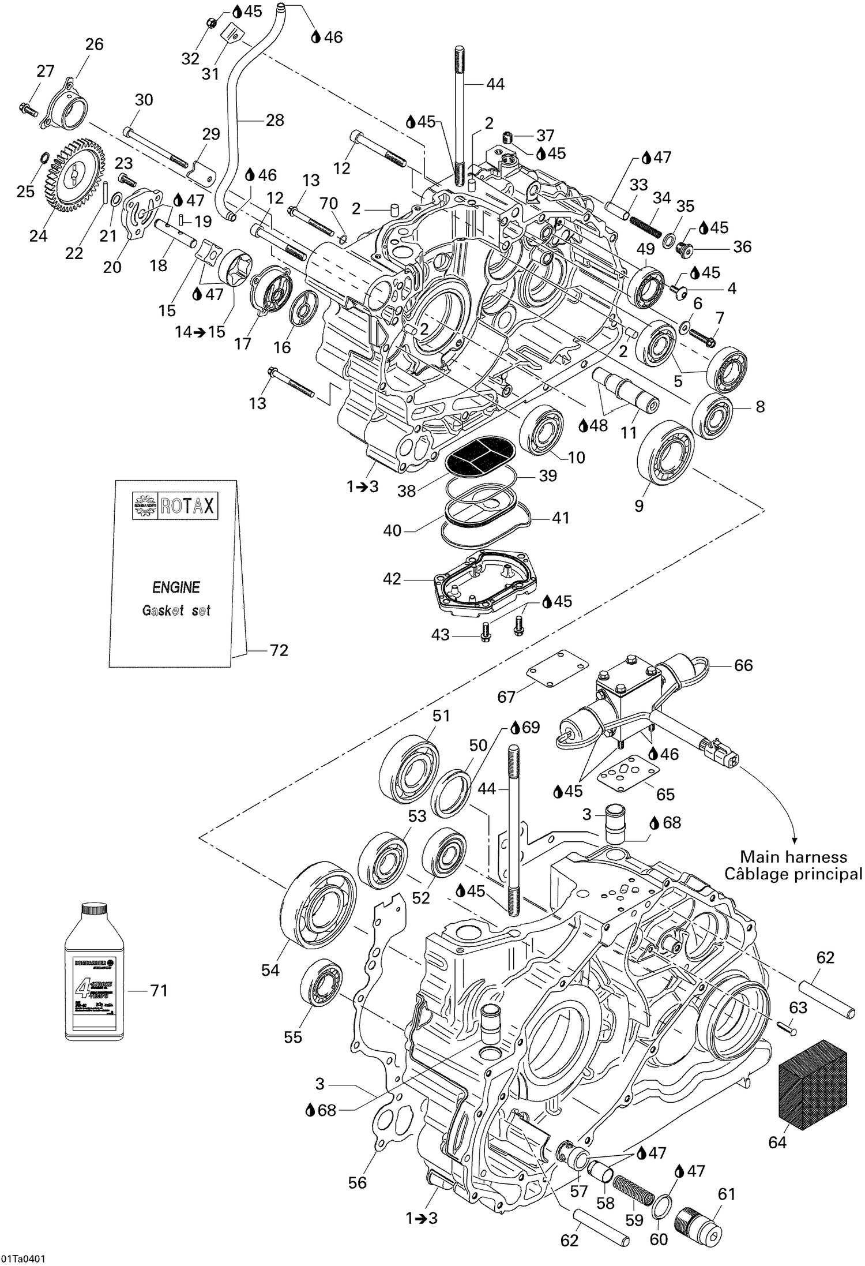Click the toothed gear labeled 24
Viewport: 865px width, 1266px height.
pyautogui.click(x=74, y=175)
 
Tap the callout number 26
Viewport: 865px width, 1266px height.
pyautogui.click(x=94, y=44)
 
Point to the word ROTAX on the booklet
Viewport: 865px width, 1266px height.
pyautogui.click(x=187, y=506)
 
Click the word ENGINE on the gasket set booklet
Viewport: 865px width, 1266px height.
pyautogui.click(x=176, y=587)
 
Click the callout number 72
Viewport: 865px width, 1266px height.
pyautogui.click(x=279, y=650)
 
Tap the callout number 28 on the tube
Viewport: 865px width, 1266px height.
pyautogui.click(x=274, y=120)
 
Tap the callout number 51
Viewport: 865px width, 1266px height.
pyautogui.click(x=441, y=716)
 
